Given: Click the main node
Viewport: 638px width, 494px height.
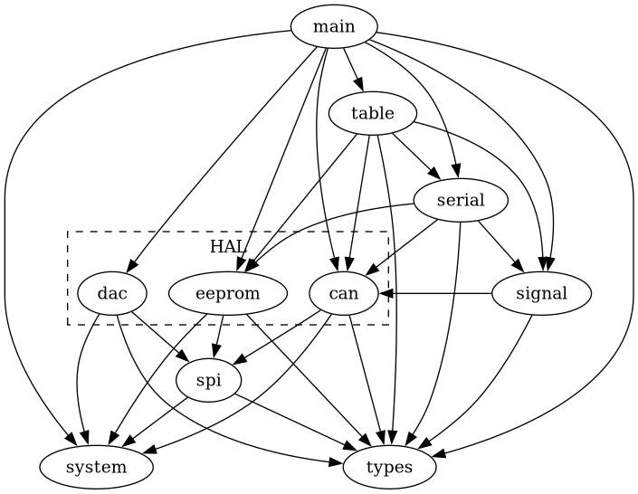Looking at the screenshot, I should (334, 27).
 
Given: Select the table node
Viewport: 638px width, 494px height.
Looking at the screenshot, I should (372, 114).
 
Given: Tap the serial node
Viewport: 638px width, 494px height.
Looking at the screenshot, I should (460, 201).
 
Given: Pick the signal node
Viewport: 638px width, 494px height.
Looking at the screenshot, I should (541, 293).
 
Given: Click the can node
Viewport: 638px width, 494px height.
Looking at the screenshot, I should (344, 293).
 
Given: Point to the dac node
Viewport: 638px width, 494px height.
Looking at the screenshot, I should (112, 293).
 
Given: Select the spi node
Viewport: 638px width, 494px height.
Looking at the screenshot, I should (208, 381).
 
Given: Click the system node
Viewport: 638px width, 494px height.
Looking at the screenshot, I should (96, 468).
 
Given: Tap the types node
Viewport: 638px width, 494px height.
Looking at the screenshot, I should (390, 468).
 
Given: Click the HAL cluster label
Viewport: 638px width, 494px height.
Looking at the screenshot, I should (228, 247).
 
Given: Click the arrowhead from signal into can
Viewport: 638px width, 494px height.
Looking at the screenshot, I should (386, 293).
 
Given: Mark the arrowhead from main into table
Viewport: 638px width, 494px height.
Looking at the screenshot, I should (360, 88).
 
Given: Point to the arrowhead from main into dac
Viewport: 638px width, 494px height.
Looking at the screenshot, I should (131, 266).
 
